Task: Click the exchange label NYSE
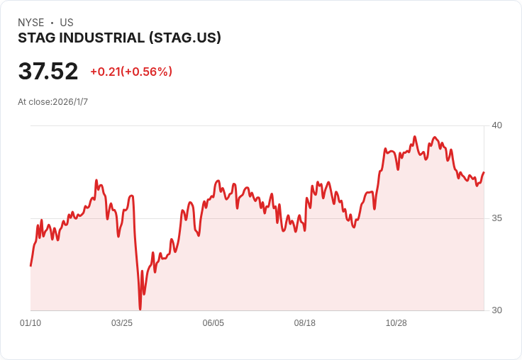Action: [30, 23]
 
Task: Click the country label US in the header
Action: [67, 23]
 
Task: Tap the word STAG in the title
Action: [35, 38]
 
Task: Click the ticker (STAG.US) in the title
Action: [184, 38]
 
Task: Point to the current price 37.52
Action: [48, 72]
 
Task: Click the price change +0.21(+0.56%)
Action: [131, 72]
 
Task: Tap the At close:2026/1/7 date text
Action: [53, 102]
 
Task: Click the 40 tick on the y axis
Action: [497, 125]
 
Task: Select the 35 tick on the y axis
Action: [497, 218]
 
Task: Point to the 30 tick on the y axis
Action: [497, 310]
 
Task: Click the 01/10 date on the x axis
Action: [30, 323]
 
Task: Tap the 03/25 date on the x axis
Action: [122, 323]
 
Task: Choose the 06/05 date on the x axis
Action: [213, 323]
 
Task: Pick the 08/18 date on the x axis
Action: [305, 323]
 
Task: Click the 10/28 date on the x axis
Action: [396, 323]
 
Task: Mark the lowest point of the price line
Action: [140, 309]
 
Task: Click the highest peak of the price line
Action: [414, 137]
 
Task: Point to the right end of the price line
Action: [484, 172]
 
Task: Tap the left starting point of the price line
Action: [30, 266]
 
